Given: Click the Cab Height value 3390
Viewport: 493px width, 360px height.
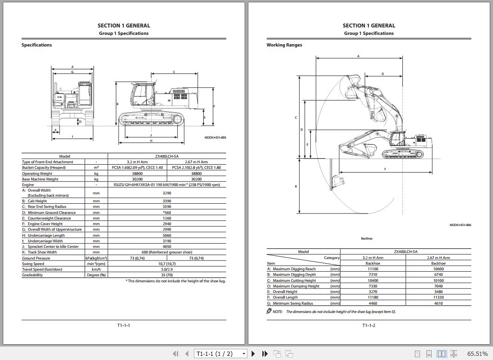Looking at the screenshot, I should click(x=167, y=201).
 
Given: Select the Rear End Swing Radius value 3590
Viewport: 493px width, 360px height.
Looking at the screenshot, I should click(x=167, y=207).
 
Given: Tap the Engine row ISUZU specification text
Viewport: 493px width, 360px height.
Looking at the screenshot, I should click(x=167, y=185).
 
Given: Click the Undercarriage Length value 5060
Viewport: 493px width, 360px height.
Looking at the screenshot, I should click(x=167, y=235).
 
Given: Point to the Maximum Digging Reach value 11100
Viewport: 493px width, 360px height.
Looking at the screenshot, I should click(x=373, y=269).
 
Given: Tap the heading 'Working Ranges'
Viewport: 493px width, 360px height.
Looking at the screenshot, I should click(x=284, y=45).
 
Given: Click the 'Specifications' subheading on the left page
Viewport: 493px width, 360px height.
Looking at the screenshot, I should click(x=37, y=45).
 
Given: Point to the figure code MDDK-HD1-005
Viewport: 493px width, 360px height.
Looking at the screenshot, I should click(x=215, y=138).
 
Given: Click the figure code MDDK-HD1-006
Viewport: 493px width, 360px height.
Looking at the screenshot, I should click(x=460, y=225).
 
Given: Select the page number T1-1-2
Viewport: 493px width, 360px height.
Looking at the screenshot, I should click(x=369, y=325).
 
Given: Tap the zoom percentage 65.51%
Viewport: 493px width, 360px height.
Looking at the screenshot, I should click(x=478, y=354).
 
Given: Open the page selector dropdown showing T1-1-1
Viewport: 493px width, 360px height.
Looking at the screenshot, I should click(x=221, y=354).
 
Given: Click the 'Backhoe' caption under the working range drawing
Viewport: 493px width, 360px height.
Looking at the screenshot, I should click(x=366, y=239).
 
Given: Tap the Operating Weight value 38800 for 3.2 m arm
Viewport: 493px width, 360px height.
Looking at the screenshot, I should click(x=138, y=173).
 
